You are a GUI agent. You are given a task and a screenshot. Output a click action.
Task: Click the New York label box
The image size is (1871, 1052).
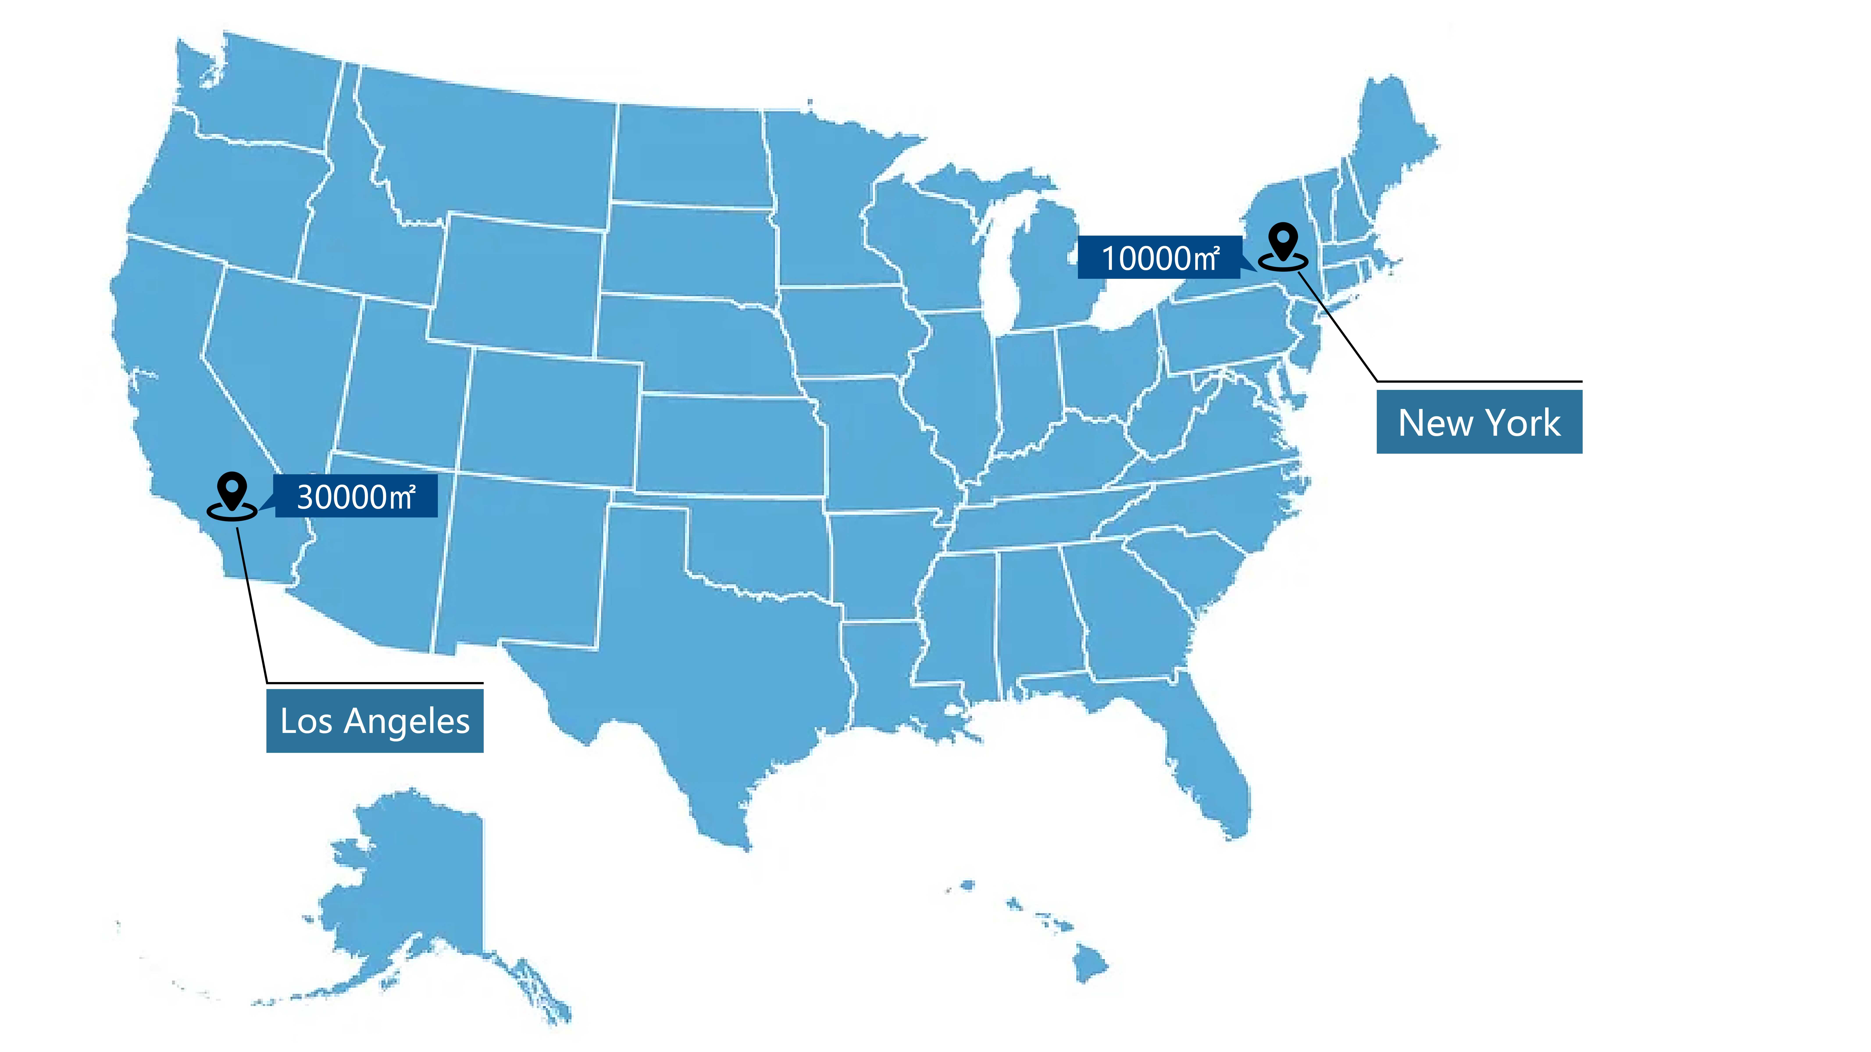(x=1479, y=422)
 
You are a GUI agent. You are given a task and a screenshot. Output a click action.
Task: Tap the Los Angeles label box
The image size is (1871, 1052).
(x=375, y=721)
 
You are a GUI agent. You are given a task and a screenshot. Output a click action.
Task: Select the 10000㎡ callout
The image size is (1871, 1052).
(x=1159, y=258)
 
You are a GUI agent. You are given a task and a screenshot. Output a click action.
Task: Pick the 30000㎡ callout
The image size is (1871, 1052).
(x=356, y=497)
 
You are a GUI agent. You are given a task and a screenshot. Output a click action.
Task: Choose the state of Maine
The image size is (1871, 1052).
(x=1391, y=145)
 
